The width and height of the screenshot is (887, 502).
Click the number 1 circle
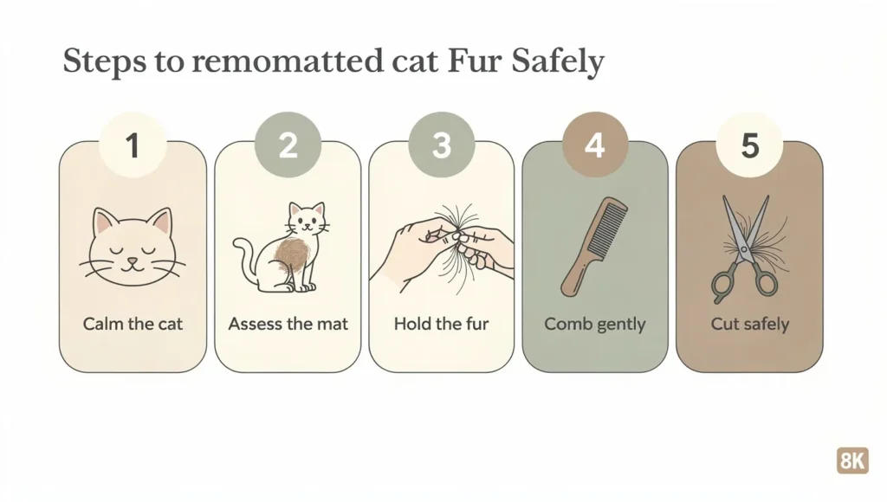click(x=133, y=145)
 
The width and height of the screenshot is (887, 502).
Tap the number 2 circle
click(x=287, y=145)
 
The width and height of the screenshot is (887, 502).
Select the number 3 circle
click(x=441, y=145)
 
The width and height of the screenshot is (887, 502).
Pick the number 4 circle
click(x=594, y=145)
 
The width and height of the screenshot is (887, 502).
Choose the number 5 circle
click(x=749, y=145)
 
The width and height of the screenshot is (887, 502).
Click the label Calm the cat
click(x=133, y=325)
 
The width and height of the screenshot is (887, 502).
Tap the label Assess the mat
click(x=288, y=325)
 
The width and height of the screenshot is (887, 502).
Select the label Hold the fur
click(x=441, y=325)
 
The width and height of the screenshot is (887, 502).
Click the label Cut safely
click(x=749, y=325)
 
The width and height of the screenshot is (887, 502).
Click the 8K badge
click(x=851, y=460)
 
